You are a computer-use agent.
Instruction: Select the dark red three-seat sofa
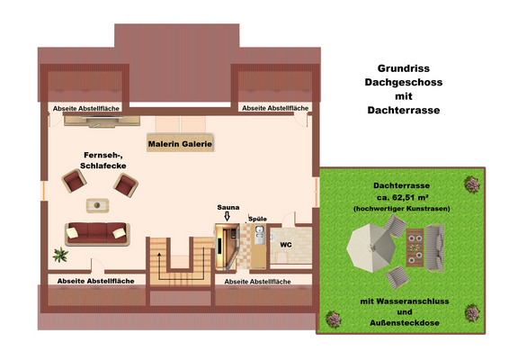pyautogui.click(x=96, y=233)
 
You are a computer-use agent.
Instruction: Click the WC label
pyautogui.click(x=285, y=244)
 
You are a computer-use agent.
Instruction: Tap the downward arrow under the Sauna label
pyautogui.click(x=227, y=216)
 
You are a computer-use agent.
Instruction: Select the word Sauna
pyautogui.click(x=228, y=207)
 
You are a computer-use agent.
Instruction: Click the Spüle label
pyautogui.click(x=257, y=220)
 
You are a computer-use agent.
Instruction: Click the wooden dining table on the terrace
pyautogui.click(x=415, y=248)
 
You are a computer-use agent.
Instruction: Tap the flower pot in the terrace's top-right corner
pyautogui.click(x=470, y=184)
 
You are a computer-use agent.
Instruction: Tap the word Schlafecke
pyautogui.click(x=103, y=166)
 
